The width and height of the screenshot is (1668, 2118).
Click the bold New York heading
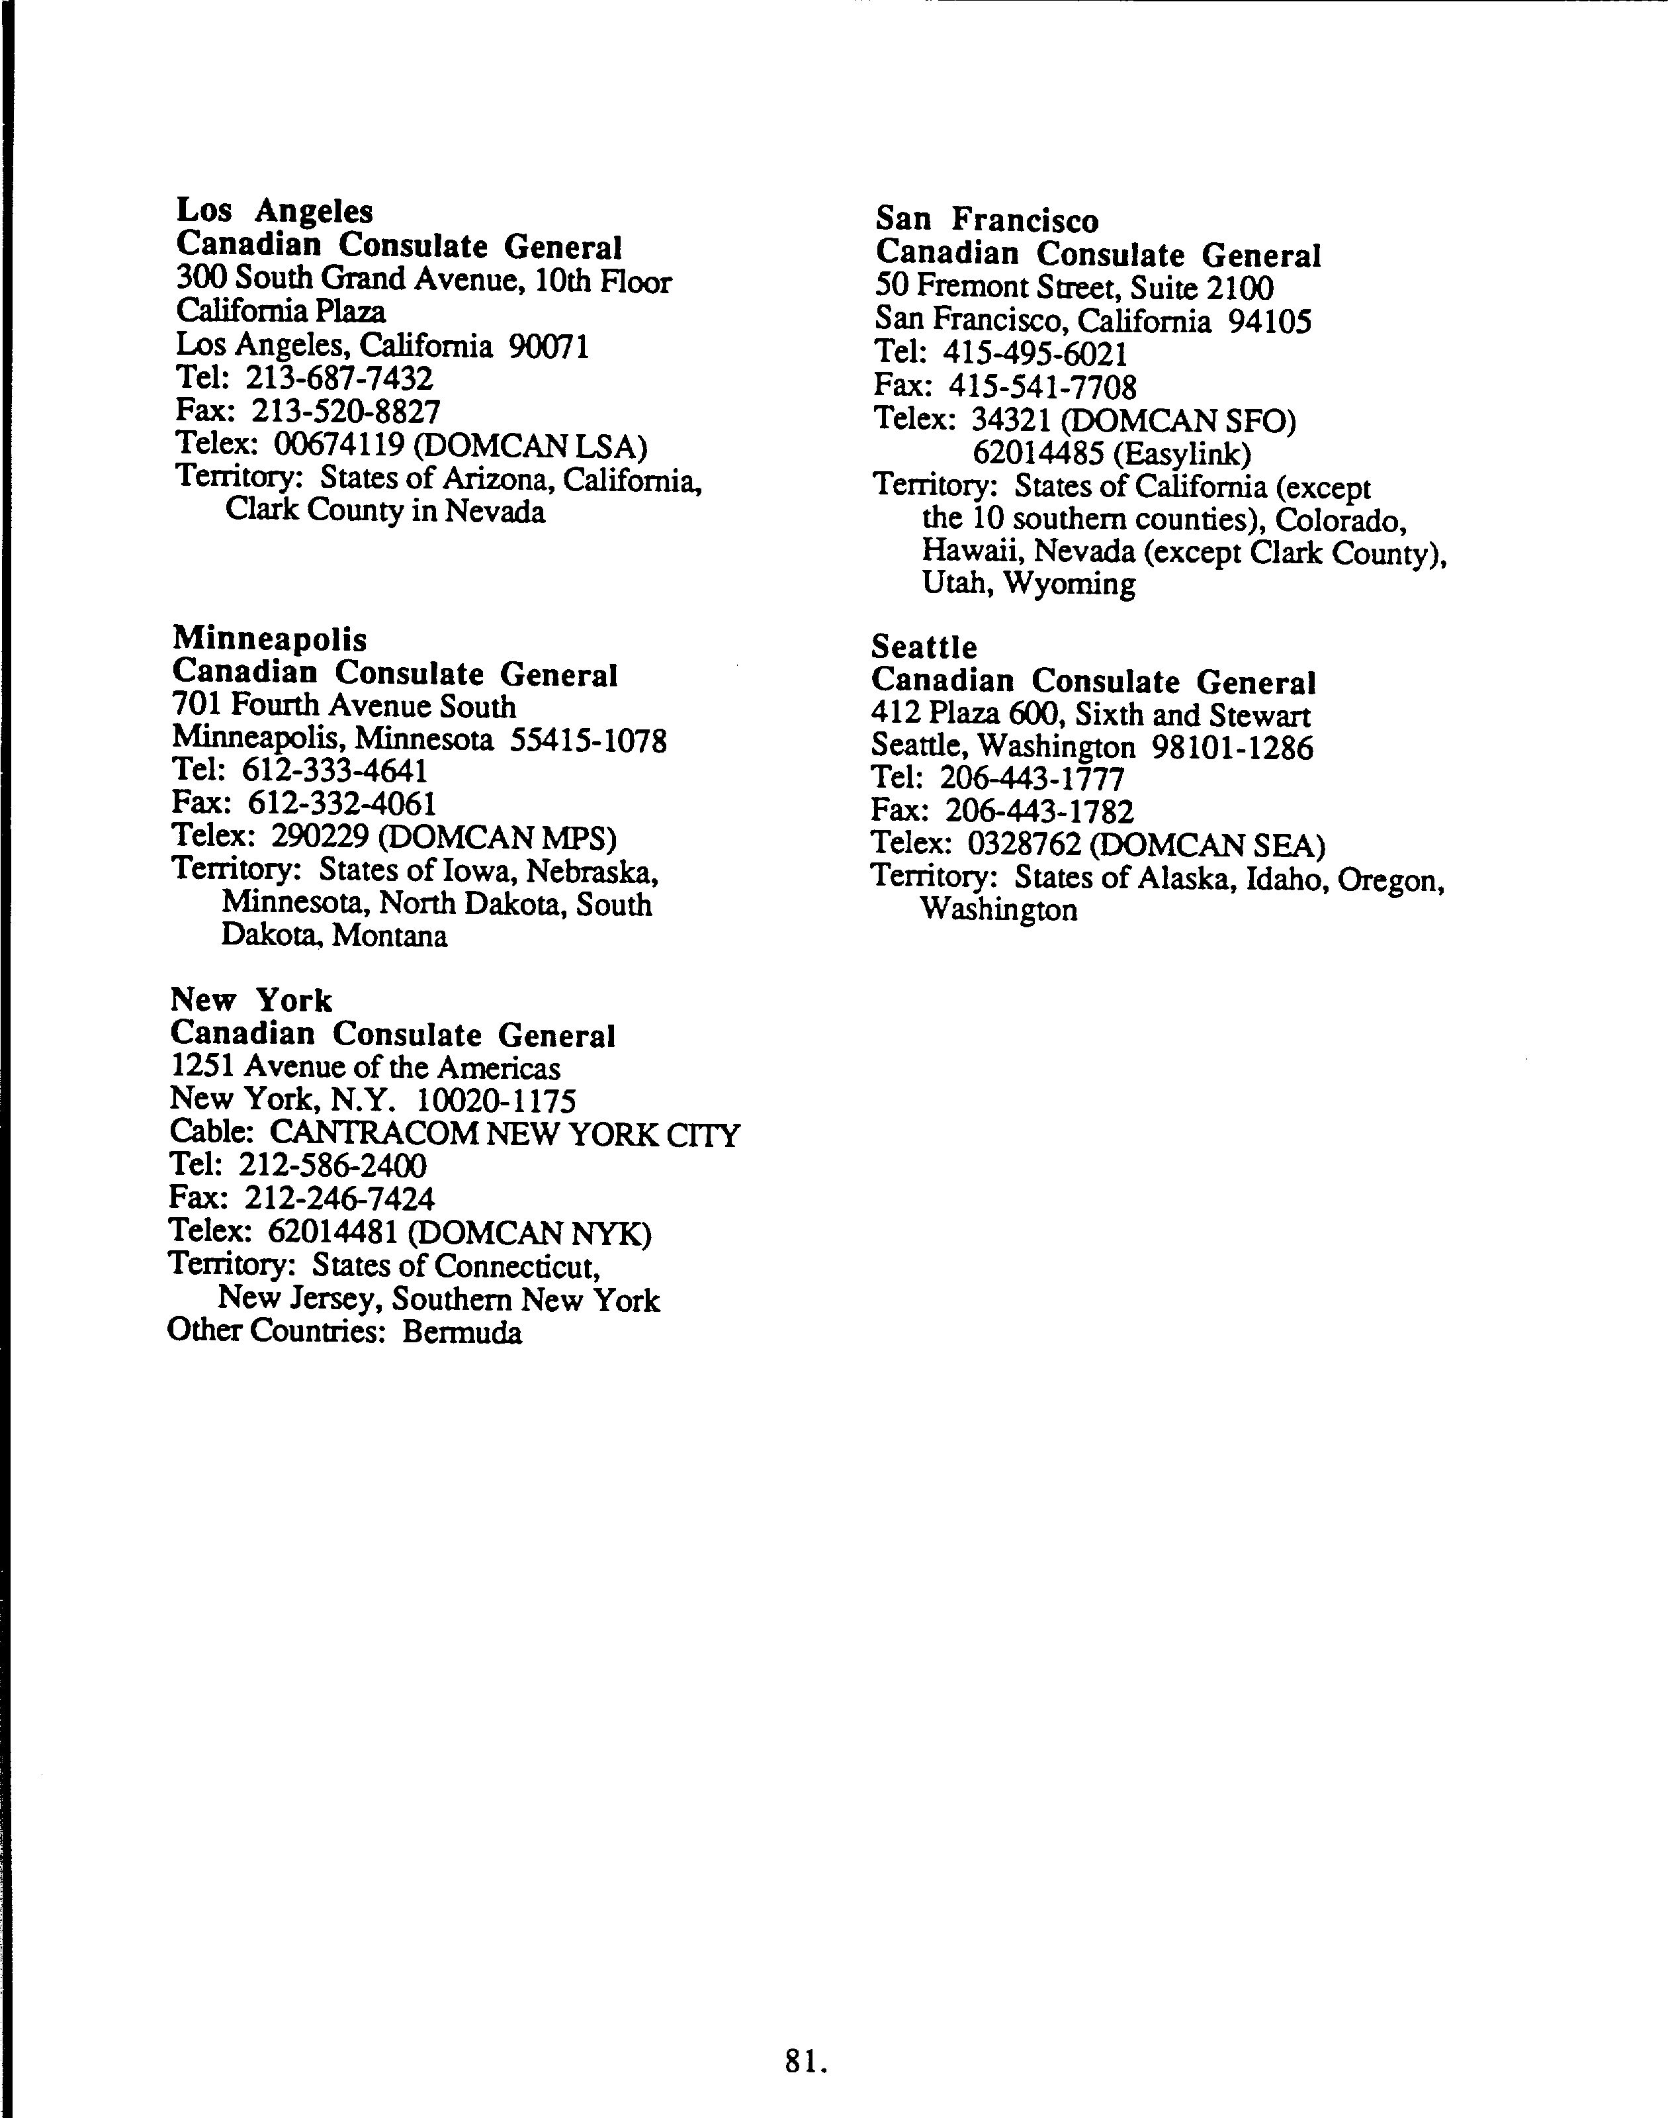[251, 999]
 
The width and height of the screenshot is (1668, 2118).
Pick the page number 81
[806, 2060]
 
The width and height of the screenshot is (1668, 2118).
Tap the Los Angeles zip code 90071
[549, 346]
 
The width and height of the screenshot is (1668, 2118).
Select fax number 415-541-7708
[1042, 387]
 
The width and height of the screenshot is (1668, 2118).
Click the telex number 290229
[320, 837]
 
